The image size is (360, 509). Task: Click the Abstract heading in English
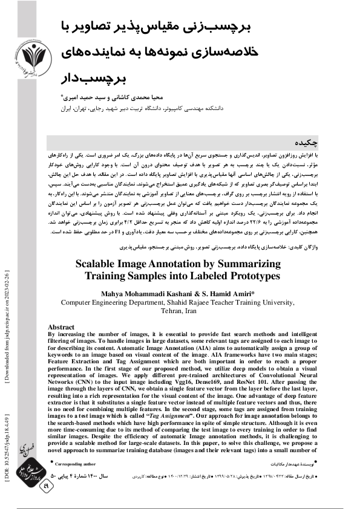[65, 326]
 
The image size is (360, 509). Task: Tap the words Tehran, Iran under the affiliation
[178, 310]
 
